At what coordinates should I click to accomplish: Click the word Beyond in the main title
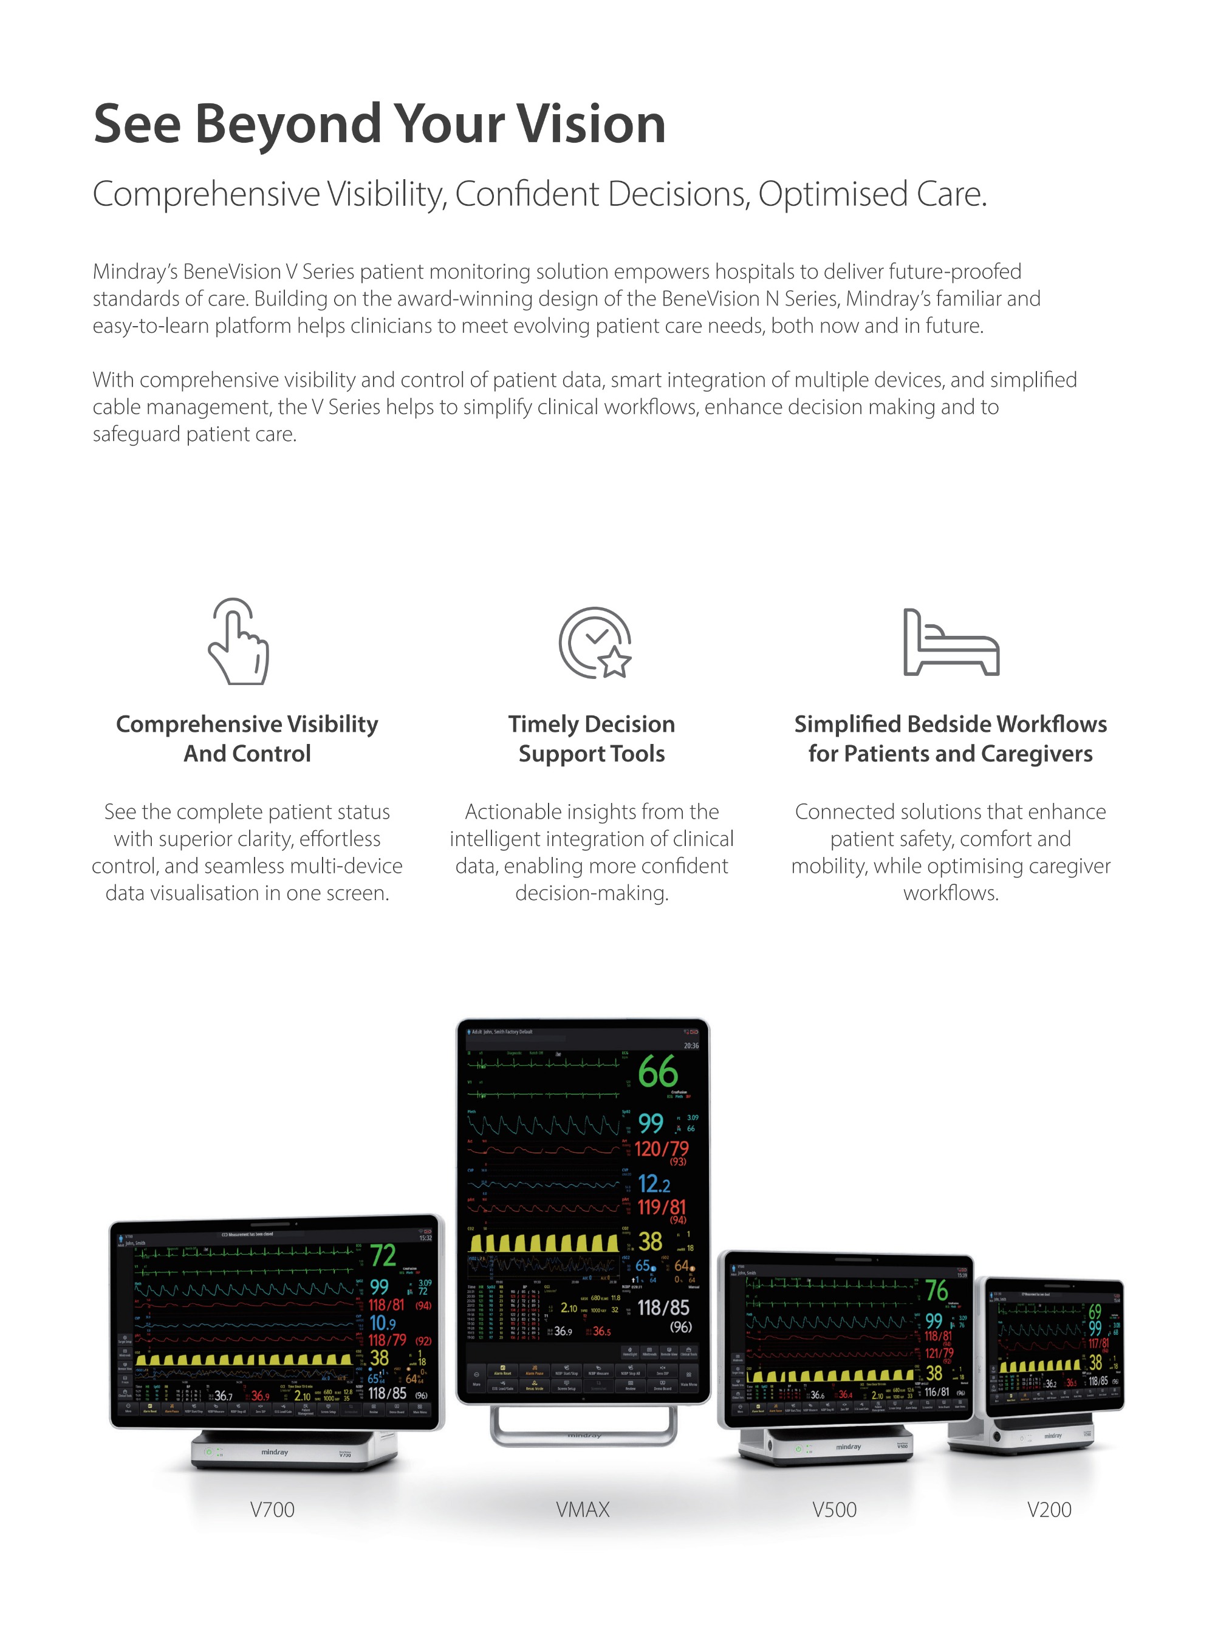287,123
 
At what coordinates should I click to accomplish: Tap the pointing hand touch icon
238,642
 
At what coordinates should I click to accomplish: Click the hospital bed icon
950,643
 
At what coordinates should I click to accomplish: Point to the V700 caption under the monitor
272,1509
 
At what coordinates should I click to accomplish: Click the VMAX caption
583,1509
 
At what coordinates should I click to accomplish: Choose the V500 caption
834,1509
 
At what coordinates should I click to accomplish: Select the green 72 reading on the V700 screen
383,1255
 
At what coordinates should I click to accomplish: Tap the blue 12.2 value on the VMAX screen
654,1184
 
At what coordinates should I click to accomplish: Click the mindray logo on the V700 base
275,1452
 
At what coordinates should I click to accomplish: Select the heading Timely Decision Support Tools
591,739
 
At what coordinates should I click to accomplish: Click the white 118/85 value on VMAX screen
663,1308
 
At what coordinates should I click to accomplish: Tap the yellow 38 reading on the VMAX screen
650,1242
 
